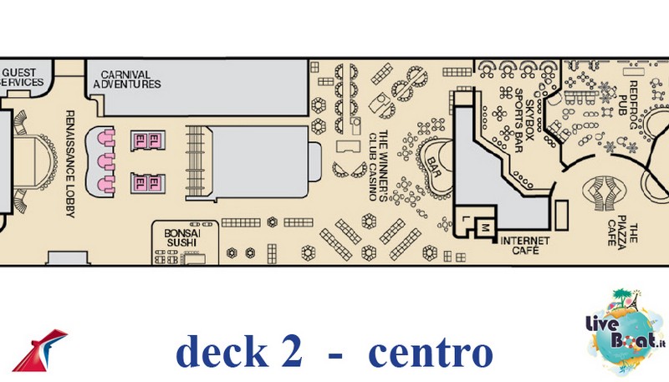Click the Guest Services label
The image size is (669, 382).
tap(23, 77)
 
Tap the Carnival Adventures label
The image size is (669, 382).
tap(127, 79)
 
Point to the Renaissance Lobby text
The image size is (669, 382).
tap(70, 164)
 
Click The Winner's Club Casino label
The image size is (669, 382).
tap(378, 166)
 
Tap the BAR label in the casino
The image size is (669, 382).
tap(434, 167)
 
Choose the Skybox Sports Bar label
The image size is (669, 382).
tap(524, 120)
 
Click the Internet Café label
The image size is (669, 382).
tap(525, 246)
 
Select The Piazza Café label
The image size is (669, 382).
tap(622, 234)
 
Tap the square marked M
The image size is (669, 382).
tap(484, 227)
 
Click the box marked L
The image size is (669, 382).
tap(466, 219)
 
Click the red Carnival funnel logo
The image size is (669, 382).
tap(39, 350)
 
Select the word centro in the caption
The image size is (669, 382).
tap(430, 354)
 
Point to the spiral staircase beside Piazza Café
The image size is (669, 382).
tap(604, 194)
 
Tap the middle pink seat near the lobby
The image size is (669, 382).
tap(106, 161)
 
